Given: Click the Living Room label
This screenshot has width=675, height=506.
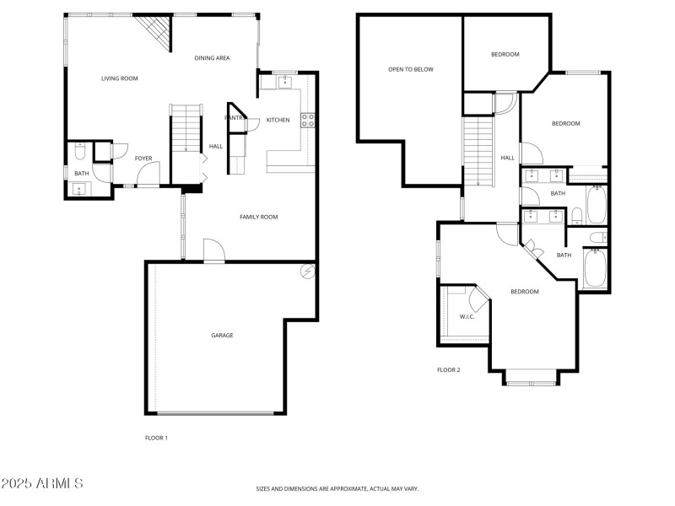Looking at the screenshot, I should coord(119,78).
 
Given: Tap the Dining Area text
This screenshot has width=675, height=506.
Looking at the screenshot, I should coord(212,58).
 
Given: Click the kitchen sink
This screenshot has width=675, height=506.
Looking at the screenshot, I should coord(284,82).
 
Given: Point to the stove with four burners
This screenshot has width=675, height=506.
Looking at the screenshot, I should coord(308,120).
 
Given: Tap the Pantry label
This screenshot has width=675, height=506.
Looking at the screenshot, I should coord(234,118).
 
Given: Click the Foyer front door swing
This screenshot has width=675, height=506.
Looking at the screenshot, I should coord(146,173).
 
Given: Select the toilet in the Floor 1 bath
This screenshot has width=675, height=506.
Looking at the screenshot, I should coord(80,153).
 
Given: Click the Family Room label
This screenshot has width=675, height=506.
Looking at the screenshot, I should coord(258,217).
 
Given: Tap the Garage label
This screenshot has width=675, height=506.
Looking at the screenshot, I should coord(222,335).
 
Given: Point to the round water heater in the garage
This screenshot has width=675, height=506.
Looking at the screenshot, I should coord(308,272).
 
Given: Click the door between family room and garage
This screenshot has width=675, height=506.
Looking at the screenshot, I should coord(213,251).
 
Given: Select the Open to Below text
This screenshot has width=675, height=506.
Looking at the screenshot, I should coord(410,69).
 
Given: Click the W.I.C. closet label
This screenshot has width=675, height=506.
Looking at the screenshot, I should coord(467,316).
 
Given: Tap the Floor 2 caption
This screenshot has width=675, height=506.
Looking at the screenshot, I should coord(448,369).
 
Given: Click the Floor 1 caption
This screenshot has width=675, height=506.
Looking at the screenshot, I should coord(157,438).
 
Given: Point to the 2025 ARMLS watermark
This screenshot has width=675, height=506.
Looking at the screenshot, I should coord(42,483).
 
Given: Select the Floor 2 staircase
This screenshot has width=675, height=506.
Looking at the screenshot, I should coord(478,152).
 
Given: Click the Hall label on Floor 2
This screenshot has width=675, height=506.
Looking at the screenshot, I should coord(507,158).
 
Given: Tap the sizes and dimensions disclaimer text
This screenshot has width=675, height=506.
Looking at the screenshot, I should coord(337,488).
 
